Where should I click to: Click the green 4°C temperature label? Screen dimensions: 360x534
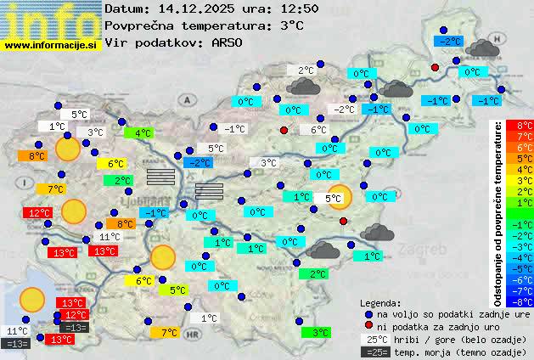coord(138,132)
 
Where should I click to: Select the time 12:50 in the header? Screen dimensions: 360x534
coord(300,8)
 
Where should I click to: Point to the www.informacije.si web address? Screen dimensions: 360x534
coord(51,44)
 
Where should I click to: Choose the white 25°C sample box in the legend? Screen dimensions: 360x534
coord(374,339)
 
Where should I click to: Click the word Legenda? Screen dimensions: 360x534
coord(380,302)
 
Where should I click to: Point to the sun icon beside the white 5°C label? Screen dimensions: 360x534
coord(340,197)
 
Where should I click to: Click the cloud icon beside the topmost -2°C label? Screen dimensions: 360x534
coord(481,48)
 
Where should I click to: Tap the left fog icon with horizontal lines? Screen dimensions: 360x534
coord(160,176)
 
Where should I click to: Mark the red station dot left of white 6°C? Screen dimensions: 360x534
coord(284,130)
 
